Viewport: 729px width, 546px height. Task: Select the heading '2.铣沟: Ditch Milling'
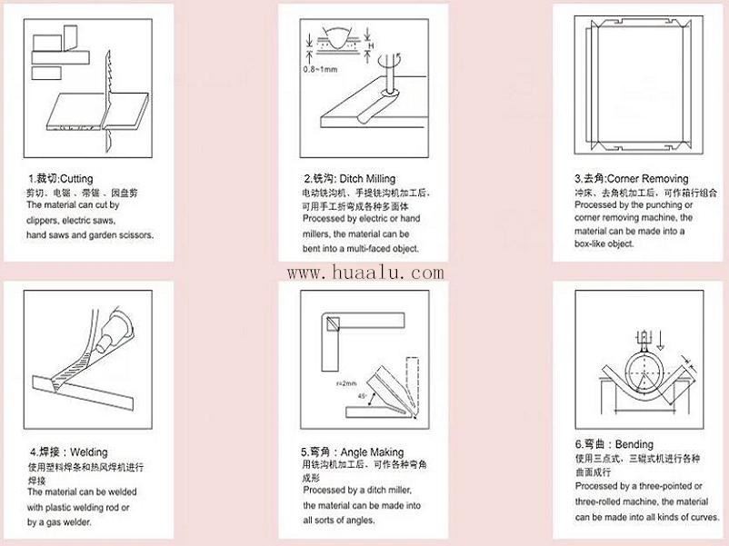349,179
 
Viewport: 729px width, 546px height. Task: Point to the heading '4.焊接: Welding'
68,452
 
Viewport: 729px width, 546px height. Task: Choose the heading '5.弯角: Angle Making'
353,452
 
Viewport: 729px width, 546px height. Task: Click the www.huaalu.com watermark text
365,273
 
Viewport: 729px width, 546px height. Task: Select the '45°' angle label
364,396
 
